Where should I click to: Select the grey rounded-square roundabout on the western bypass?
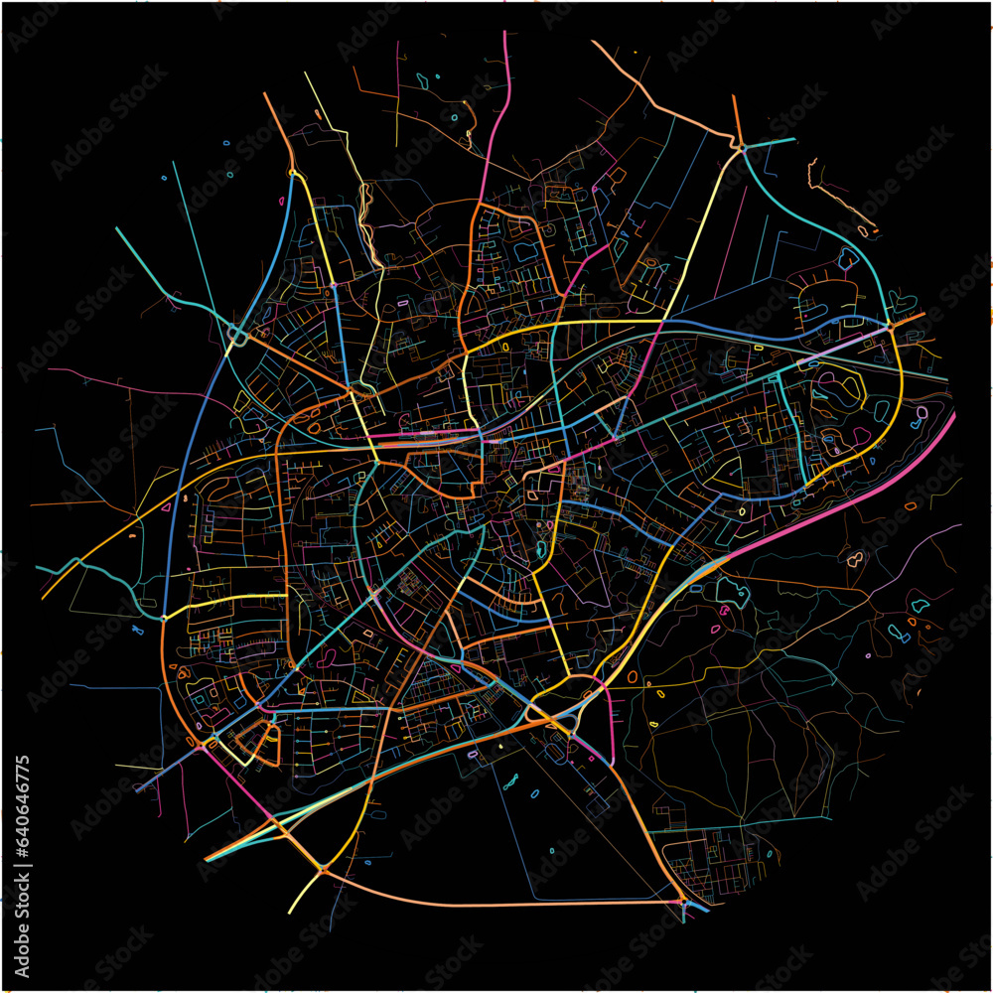pos(237,337)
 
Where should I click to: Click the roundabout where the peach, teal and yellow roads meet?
pos(742,148)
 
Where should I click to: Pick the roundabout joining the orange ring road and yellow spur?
pos(324,869)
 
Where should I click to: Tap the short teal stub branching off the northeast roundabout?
pos(772,142)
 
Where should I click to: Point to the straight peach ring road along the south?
pos(496,904)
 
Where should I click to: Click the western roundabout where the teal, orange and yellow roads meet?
pos(164,618)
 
